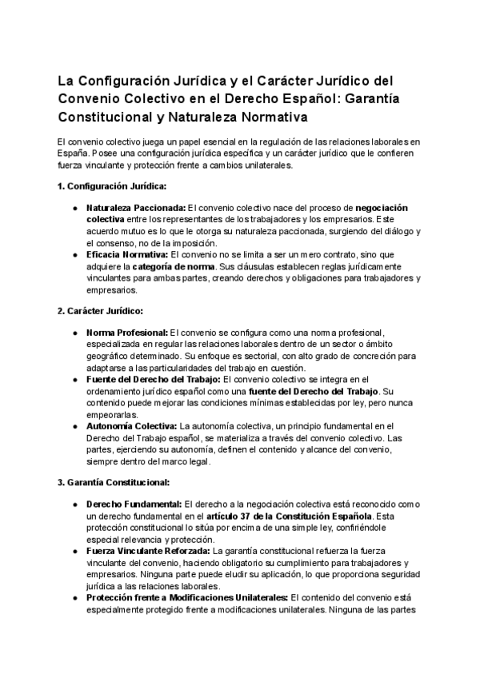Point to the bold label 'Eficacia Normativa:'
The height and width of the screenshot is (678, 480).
pyautogui.click(x=127, y=253)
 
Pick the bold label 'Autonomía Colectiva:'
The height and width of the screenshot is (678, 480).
pyautogui.click(x=131, y=426)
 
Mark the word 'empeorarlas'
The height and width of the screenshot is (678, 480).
pyautogui.click(x=111, y=404)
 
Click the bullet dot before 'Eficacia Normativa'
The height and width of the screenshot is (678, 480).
pyautogui.click(x=74, y=253)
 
